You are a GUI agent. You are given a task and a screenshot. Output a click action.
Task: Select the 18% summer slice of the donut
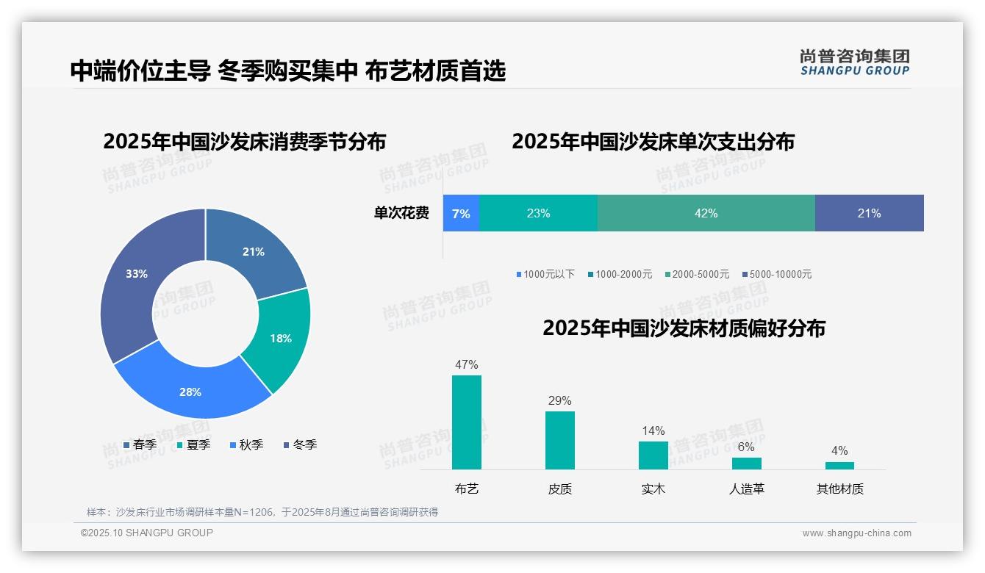tap(282, 338)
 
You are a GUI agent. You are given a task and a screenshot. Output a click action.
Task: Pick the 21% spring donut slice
tap(254, 252)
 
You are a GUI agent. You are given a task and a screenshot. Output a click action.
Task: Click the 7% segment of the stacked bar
tap(461, 213)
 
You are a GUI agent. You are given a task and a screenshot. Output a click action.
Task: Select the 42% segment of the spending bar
tap(706, 213)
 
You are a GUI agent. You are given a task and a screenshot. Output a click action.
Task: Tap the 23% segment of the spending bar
tap(538, 213)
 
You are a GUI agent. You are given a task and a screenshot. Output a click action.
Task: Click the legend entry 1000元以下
tap(545, 274)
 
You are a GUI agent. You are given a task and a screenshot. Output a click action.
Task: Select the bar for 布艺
tap(466, 422)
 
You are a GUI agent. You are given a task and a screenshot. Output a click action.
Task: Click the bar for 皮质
tap(559, 440)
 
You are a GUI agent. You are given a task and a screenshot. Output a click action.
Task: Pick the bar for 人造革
tap(746, 464)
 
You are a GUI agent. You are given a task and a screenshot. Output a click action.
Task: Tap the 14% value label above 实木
tap(653, 430)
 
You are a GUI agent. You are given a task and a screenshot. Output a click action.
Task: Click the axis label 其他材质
tap(839, 489)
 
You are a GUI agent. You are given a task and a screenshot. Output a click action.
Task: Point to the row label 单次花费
tap(401, 213)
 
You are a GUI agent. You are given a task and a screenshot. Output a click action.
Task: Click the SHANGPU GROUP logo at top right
tap(854, 62)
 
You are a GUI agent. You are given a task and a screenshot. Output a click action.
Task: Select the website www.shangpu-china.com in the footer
tap(856, 533)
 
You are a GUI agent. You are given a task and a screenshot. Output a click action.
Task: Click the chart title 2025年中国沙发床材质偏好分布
tap(684, 328)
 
